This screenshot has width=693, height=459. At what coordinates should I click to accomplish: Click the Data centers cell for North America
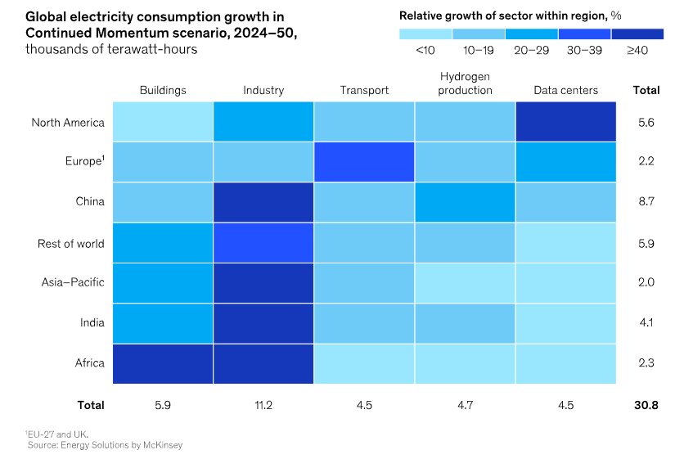pyautogui.click(x=565, y=122)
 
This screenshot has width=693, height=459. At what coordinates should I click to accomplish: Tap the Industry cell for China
pyautogui.click(x=263, y=202)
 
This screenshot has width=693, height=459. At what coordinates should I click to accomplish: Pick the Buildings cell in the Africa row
pyautogui.click(x=163, y=362)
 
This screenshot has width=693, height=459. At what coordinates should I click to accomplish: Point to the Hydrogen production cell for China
pyautogui.click(x=465, y=202)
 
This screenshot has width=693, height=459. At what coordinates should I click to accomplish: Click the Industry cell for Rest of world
pyautogui.click(x=263, y=242)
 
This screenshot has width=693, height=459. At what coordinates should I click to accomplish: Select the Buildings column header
pyautogui.click(x=163, y=90)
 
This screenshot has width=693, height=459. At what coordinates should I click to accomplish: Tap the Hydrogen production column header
pyautogui.click(x=465, y=83)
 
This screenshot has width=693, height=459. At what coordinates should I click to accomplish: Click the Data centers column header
pyautogui.click(x=565, y=90)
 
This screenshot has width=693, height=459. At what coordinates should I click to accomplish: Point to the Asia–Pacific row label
pyautogui.click(x=73, y=282)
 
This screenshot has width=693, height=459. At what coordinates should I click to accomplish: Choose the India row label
pyautogui.click(x=92, y=322)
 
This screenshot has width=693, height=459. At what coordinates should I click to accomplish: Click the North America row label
pyautogui.click(x=68, y=123)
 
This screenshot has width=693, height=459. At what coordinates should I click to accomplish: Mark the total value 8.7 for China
pyautogui.click(x=646, y=202)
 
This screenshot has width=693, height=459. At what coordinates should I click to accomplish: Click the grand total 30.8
pyautogui.click(x=646, y=404)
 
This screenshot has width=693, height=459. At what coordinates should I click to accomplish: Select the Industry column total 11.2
pyautogui.click(x=263, y=404)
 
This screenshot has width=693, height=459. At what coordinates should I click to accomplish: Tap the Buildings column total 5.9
pyautogui.click(x=163, y=404)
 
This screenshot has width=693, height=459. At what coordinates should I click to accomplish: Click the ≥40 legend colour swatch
pyautogui.click(x=637, y=34)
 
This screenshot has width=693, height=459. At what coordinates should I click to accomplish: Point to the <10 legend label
pyautogui.click(x=425, y=51)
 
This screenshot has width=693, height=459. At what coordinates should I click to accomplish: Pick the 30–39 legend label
pyautogui.click(x=584, y=51)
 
